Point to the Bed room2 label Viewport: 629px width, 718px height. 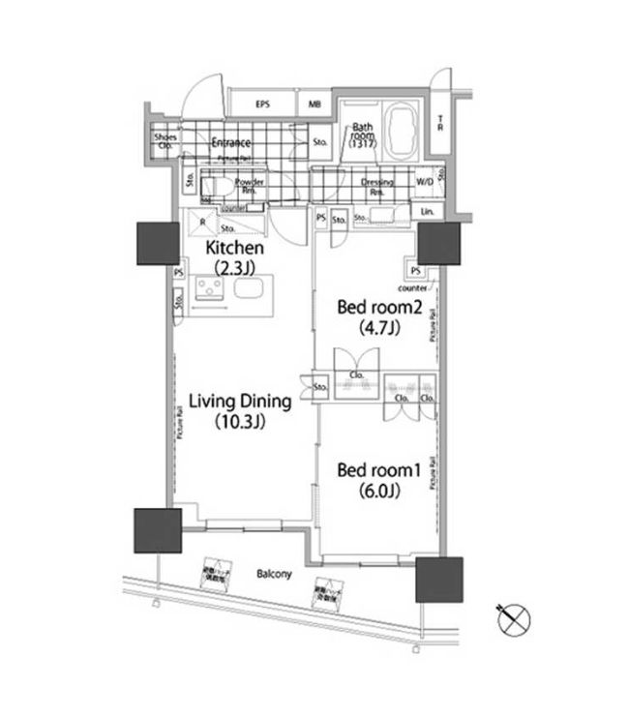coord(375,308)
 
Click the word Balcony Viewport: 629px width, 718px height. coord(274,574)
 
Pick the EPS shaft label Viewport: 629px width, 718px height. coord(262,104)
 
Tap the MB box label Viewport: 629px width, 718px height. coord(315,104)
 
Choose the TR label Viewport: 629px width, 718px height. coord(440,124)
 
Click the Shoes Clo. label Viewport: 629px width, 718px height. coord(165,141)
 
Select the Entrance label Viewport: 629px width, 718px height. coord(230,143)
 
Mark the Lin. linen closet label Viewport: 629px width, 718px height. coord(427,211)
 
